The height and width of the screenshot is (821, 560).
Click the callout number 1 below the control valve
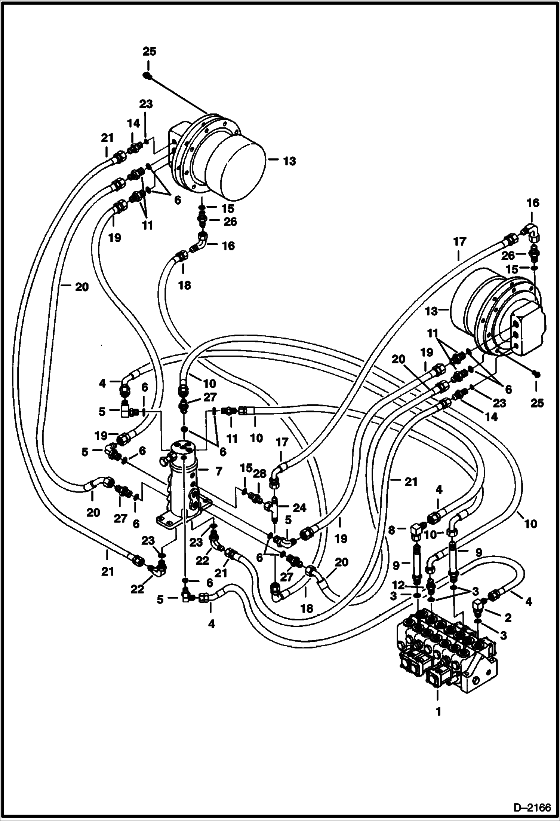pos(438,711)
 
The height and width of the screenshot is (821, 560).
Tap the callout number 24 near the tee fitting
pos(299,507)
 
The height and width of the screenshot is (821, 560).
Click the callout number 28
pos(260,473)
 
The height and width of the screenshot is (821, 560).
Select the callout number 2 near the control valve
pos(508,618)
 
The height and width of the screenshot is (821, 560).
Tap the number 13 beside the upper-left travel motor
pos(289,161)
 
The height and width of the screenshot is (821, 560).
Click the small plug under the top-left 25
pos(147,76)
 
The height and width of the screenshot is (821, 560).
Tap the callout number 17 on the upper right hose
pos(460,242)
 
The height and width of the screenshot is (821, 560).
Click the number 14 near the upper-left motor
pos(133,123)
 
